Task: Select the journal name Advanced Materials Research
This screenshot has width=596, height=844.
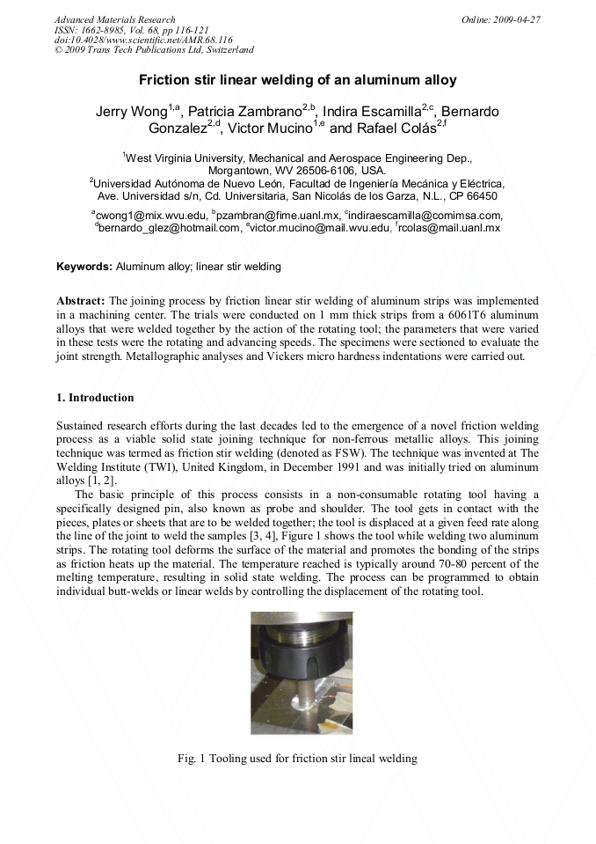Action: click(x=114, y=18)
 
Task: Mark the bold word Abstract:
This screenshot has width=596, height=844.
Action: click(x=81, y=300)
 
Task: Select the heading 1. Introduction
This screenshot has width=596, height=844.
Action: click(x=95, y=398)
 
